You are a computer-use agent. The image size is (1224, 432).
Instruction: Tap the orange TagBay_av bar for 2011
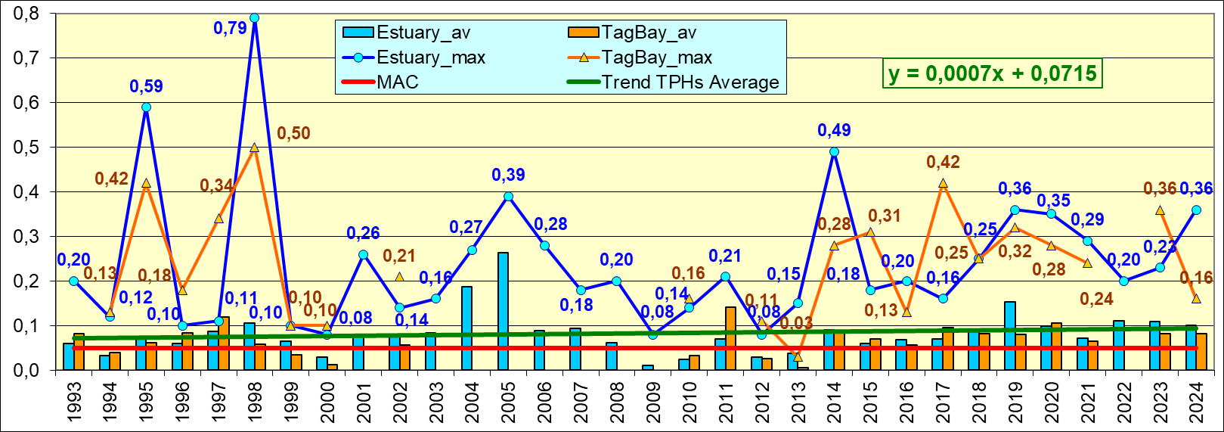click(x=730, y=337)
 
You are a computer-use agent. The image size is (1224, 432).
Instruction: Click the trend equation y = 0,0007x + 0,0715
click(x=992, y=73)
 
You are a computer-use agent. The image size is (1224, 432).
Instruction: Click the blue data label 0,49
click(x=834, y=130)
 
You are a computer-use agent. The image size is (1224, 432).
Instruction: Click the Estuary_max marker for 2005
click(x=508, y=196)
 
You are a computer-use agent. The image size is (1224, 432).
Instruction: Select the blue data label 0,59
click(x=146, y=86)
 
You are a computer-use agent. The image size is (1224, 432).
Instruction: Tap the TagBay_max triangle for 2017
click(x=943, y=183)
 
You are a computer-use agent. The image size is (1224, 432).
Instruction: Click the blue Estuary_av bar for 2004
click(x=466, y=328)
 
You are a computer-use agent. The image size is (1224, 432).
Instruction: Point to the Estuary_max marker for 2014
click(x=834, y=151)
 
